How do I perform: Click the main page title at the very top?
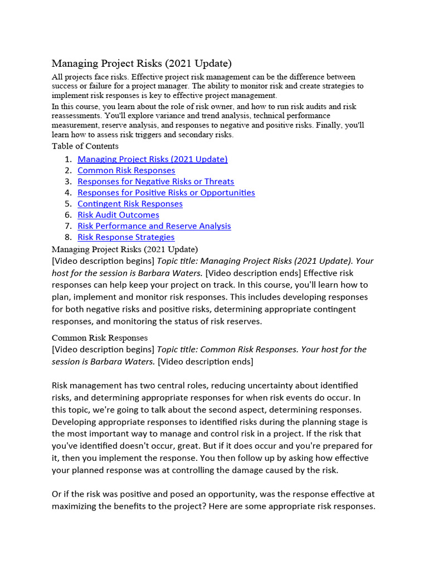coord(142,63)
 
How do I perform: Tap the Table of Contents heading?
coord(85,146)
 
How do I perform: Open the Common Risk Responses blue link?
coord(126,170)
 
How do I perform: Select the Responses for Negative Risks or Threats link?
coord(155,181)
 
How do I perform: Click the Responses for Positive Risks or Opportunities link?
coord(166,193)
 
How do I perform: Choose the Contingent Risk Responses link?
coord(130,204)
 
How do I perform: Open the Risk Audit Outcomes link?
coord(118,215)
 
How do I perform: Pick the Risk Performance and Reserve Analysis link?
coord(154,226)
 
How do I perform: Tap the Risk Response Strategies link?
coord(126,237)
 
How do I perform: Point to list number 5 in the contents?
coord(67,204)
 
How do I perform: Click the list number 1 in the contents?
coord(67,159)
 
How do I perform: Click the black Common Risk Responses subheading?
coord(100,338)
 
